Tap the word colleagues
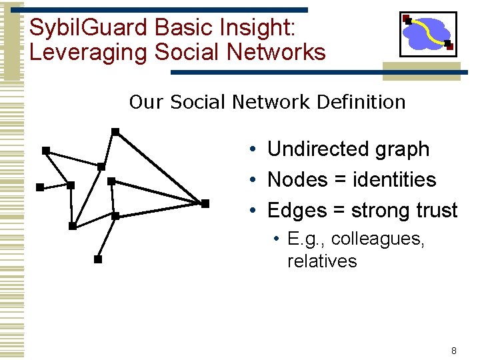(377, 239)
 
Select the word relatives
(322, 261)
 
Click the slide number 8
(454, 351)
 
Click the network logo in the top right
(428, 34)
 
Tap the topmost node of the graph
(115, 132)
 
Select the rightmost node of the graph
(205, 203)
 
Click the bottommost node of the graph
(98, 259)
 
